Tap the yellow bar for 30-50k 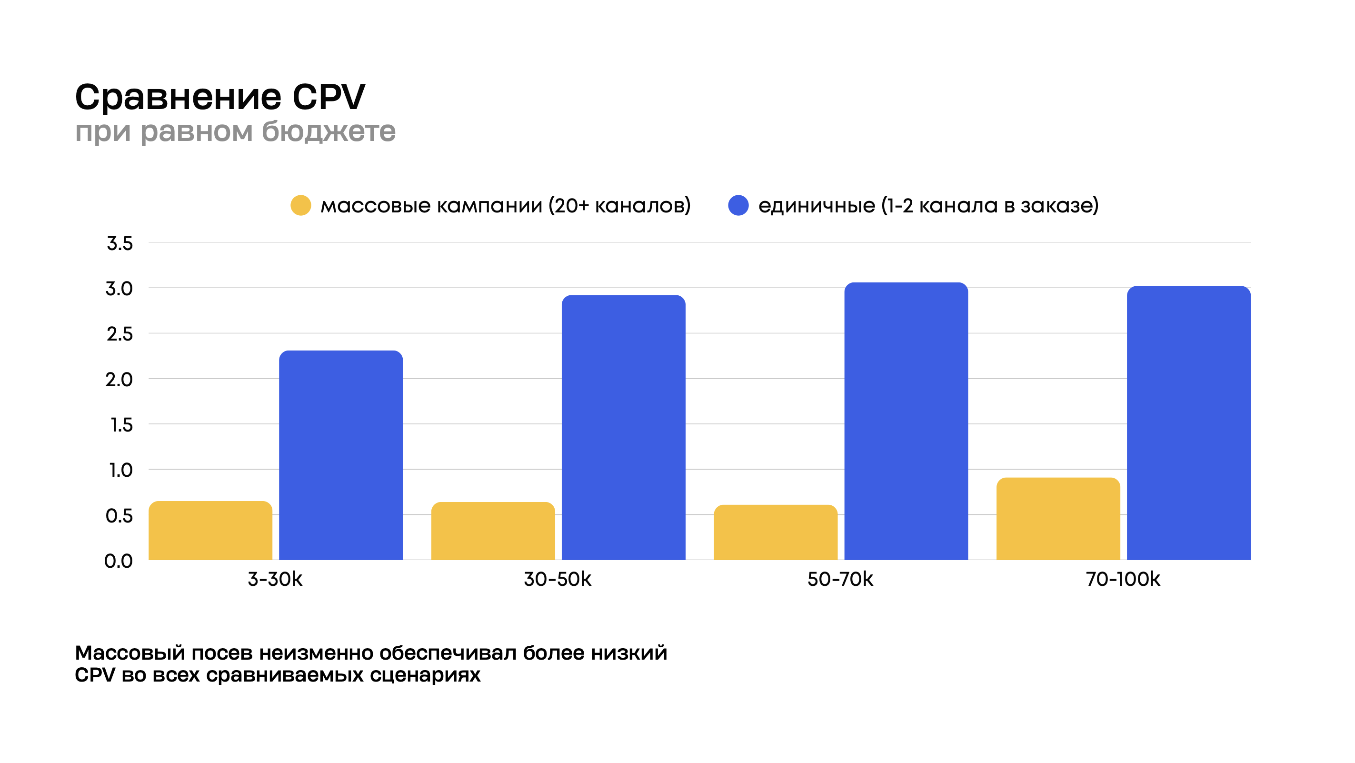(x=493, y=531)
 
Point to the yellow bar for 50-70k (x=775, y=532)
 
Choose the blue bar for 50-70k (x=906, y=421)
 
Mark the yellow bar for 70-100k (x=1058, y=518)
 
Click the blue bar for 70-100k (x=1188, y=423)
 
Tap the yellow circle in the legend (x=301, y=205)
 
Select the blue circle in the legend (x=738, y=205)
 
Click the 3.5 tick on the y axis (x=120, y=244)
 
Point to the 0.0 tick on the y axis (x=119, y=561)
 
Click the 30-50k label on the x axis (x=558, y=579)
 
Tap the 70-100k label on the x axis (x=1123, y=579)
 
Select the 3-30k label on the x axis (x=275, y=579)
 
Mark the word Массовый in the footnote (x=130, y=653)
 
